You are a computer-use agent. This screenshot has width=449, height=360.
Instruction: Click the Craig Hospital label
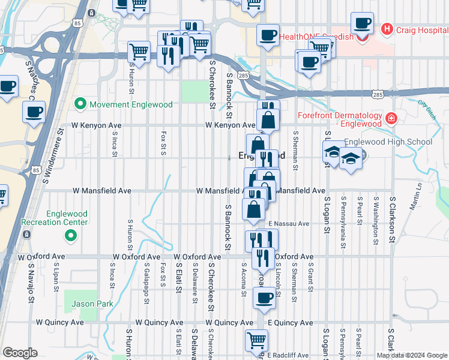(x=419, y=28)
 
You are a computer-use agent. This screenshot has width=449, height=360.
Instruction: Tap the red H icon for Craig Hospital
(x=387, y=28)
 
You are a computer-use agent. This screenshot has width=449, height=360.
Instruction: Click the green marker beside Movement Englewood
(x=80, y=104)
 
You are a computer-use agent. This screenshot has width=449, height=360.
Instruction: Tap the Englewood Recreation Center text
(x=55, y=218)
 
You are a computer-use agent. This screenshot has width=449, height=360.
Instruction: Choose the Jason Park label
(x=92, y=304)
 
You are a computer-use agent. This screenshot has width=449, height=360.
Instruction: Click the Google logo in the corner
(x=20, y=353)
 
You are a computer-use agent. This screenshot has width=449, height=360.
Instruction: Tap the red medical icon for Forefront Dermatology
(x=391, y=118)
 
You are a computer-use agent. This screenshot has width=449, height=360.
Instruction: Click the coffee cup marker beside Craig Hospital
(x=363, y=24)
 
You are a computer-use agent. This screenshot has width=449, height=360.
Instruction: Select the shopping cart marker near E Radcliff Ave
(x=256, y=340)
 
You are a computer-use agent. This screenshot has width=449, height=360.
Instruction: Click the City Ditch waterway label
(x=426, y=107)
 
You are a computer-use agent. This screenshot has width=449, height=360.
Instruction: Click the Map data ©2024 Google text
(x=412, y=355)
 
